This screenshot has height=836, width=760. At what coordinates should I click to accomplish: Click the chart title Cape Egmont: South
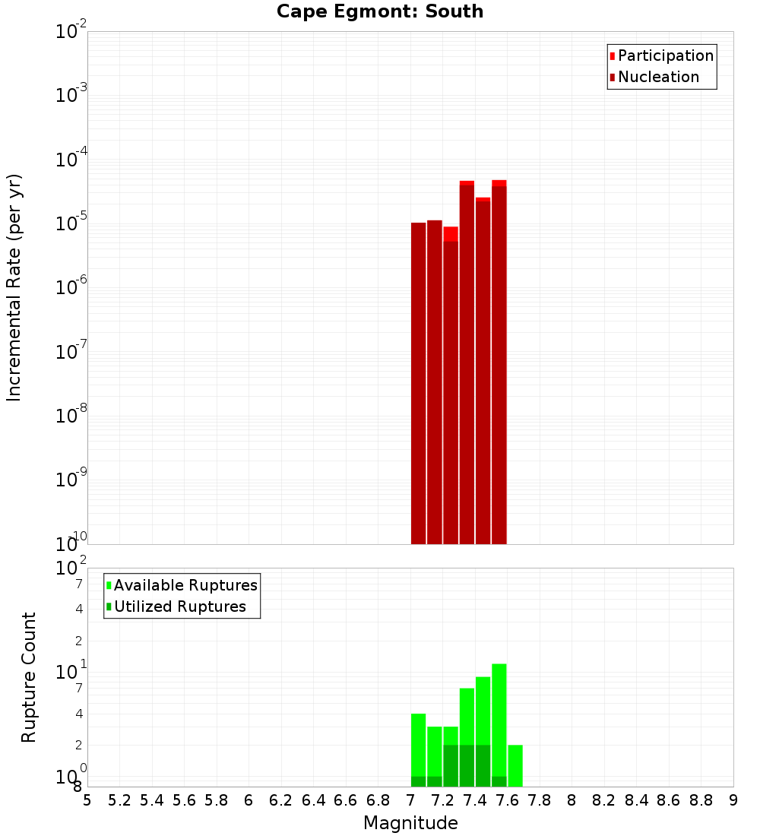tap(380, 11)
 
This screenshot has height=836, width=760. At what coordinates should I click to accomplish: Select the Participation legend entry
tap(665, 56)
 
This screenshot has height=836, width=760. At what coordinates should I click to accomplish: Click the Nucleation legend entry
tap(657, 78)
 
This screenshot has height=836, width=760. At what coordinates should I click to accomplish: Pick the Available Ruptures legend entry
tap(185, 586)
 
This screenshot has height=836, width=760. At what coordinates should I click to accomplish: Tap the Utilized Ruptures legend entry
tap(179, 607)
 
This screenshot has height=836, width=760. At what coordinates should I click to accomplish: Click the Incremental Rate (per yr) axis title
tap(14, 287)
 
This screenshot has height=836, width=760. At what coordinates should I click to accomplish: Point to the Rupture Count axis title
tap(29, 677)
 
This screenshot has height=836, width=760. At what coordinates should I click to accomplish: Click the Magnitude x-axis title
tap(410, 823)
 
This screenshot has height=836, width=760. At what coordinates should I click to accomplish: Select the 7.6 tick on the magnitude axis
tap(508, 800)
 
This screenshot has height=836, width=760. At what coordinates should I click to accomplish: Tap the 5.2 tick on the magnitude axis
tap(120, 800)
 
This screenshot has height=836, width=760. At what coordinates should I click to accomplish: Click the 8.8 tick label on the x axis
tap(701, 800)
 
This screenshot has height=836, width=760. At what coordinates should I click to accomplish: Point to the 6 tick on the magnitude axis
tap(249, 800)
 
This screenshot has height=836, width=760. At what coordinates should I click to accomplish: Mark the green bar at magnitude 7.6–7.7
tap(515, 766)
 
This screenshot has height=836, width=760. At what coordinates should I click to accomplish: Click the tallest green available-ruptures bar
tap(499, 718)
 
